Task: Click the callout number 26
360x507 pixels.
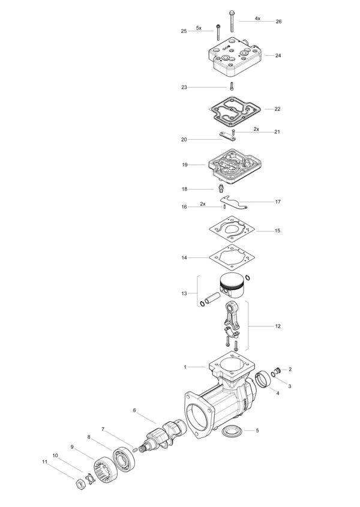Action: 278,22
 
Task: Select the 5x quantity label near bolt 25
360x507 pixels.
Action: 199,28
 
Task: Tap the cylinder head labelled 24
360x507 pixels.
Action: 235,57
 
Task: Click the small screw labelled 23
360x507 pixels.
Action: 232,86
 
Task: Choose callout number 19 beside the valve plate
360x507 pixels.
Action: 185,165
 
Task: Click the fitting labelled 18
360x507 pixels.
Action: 221,188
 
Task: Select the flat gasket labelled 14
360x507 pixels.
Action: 230,258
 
